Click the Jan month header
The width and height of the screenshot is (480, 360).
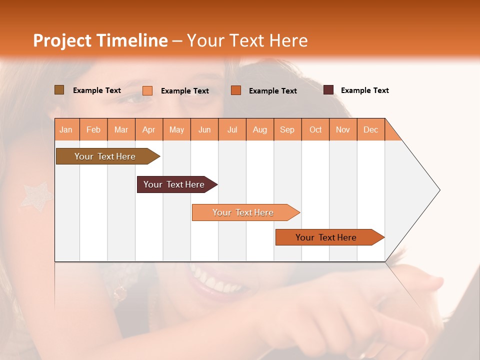66,129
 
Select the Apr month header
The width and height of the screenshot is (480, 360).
148,129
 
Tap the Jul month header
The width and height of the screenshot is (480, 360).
232,129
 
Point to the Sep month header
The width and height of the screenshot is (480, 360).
287,129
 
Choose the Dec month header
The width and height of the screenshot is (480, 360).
370,129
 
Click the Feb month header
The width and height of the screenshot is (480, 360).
93,129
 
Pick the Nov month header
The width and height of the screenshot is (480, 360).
342,129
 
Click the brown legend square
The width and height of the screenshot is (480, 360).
59,90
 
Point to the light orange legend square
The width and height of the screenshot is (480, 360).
147,90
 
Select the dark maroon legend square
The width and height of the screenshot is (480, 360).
328,90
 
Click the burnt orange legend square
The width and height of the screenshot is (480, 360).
236,90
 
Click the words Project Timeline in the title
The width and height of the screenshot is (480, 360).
100,40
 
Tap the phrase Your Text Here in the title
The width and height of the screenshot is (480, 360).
247,40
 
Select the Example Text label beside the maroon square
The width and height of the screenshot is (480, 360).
364,90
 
